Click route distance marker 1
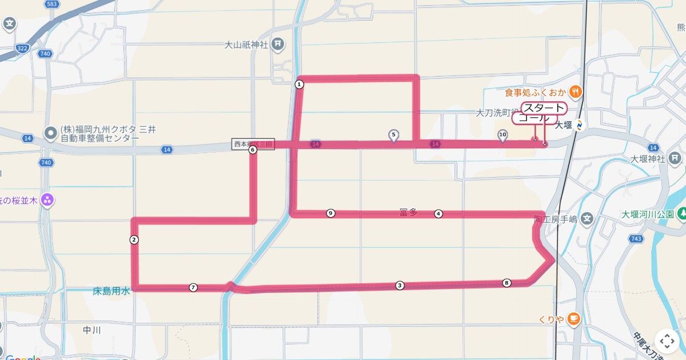299,85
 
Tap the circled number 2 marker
134,240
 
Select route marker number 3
400,286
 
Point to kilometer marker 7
193,287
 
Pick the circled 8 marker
506,283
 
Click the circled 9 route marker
330,213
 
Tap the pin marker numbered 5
393,135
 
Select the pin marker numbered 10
502,135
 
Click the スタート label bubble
544,108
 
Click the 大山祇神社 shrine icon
278,43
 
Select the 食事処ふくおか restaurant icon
576,91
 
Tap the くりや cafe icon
574,319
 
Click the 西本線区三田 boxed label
253,144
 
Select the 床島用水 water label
111,291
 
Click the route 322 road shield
23,49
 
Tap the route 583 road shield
53,4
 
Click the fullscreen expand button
667,342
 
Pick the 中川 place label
91,330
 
